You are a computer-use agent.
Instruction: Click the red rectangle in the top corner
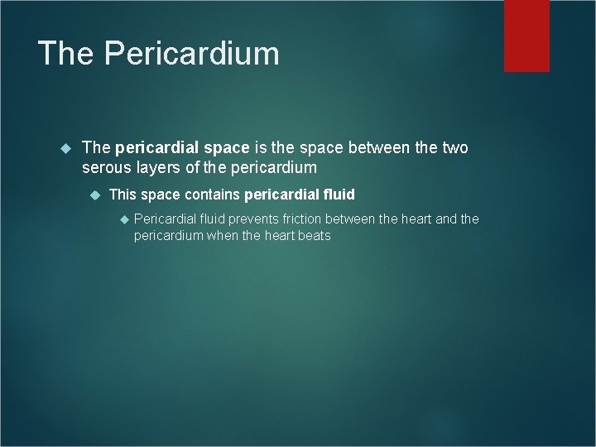[x=526, y=35]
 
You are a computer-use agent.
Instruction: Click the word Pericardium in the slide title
[x=191, y=54]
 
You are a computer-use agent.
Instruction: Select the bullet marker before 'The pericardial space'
[x=65, y=148]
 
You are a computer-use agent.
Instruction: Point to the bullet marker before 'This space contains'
[x=93, y=195]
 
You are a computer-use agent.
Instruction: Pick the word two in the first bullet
[x=454, y=148]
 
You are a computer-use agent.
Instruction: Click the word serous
[x=105, y=168]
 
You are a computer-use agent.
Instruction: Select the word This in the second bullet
[x=122, y=195]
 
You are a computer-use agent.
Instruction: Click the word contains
[x=211, y=195]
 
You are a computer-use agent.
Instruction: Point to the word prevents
[x=253, y=219]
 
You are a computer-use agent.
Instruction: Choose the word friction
[x=302, y=219]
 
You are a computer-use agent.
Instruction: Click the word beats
[x=312, y=236]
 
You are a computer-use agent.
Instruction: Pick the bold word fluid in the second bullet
[x=339, y=195]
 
